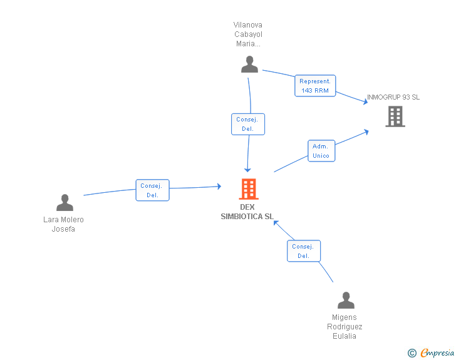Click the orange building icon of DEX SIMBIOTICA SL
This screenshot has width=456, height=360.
pyautogui.click(x=249, y=188)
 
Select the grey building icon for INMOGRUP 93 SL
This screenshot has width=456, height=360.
pyautogui.click(x=395, y=116)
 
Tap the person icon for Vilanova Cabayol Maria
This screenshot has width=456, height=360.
pyautogui.click(x=249, y=64)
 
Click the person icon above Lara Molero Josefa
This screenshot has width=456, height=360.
pyautogui.click(x=65, y=203)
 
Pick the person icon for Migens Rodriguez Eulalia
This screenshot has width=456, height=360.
pyautogui.click(x=346, y=301)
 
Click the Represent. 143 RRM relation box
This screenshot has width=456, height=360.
pyautogui.click(x=315, y=86)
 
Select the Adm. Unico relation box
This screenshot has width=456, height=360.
pyautogui.click(x=321, y=151)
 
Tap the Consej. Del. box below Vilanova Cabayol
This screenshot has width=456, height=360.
pyautogui.click(x=248, y=124)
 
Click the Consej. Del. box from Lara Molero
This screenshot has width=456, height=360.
pyautogui.click(x=152, y=190)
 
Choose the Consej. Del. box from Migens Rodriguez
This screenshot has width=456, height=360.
pyautogui.click(x=304, y=251)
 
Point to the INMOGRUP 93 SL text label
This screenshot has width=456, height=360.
pyautogui.click(x=393, y=98)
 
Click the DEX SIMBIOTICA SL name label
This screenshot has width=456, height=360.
pyautogui.click(x=247, y=212)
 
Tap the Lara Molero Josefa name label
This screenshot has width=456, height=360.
pyautogui.click(x=63, y=224)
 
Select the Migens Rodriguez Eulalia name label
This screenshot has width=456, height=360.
pyautogui.click(x=345, y=327)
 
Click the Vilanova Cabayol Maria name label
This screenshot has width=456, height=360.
pyautogui.click(x=248, y=34)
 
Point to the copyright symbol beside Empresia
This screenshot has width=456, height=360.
pyautogui.click(x=412, y=354)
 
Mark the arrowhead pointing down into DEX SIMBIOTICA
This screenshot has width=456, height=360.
pyautogui.click(x=247, y=169)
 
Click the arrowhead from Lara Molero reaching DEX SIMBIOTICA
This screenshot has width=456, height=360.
pyautogui.click(x=219, y=186)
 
